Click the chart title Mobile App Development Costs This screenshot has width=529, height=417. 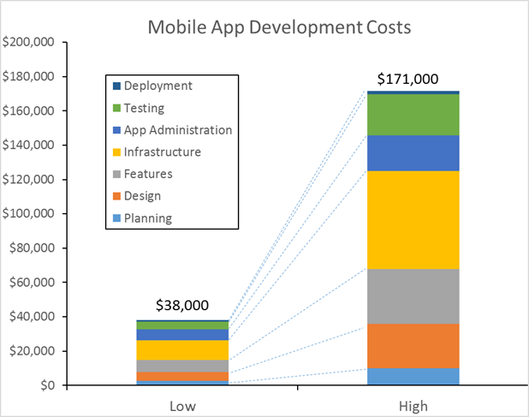click(x=280, y=27)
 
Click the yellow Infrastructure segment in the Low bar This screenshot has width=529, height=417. click(x=181, y=349)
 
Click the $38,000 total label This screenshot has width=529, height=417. click(x=181, y=306)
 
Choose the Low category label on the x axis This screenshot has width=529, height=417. click(x=181, y=406)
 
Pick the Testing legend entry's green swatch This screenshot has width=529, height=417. click(x=116, y=109)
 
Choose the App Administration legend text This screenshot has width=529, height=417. click(x=177, y=130)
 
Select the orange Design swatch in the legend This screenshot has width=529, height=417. click(x=116, y=197)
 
